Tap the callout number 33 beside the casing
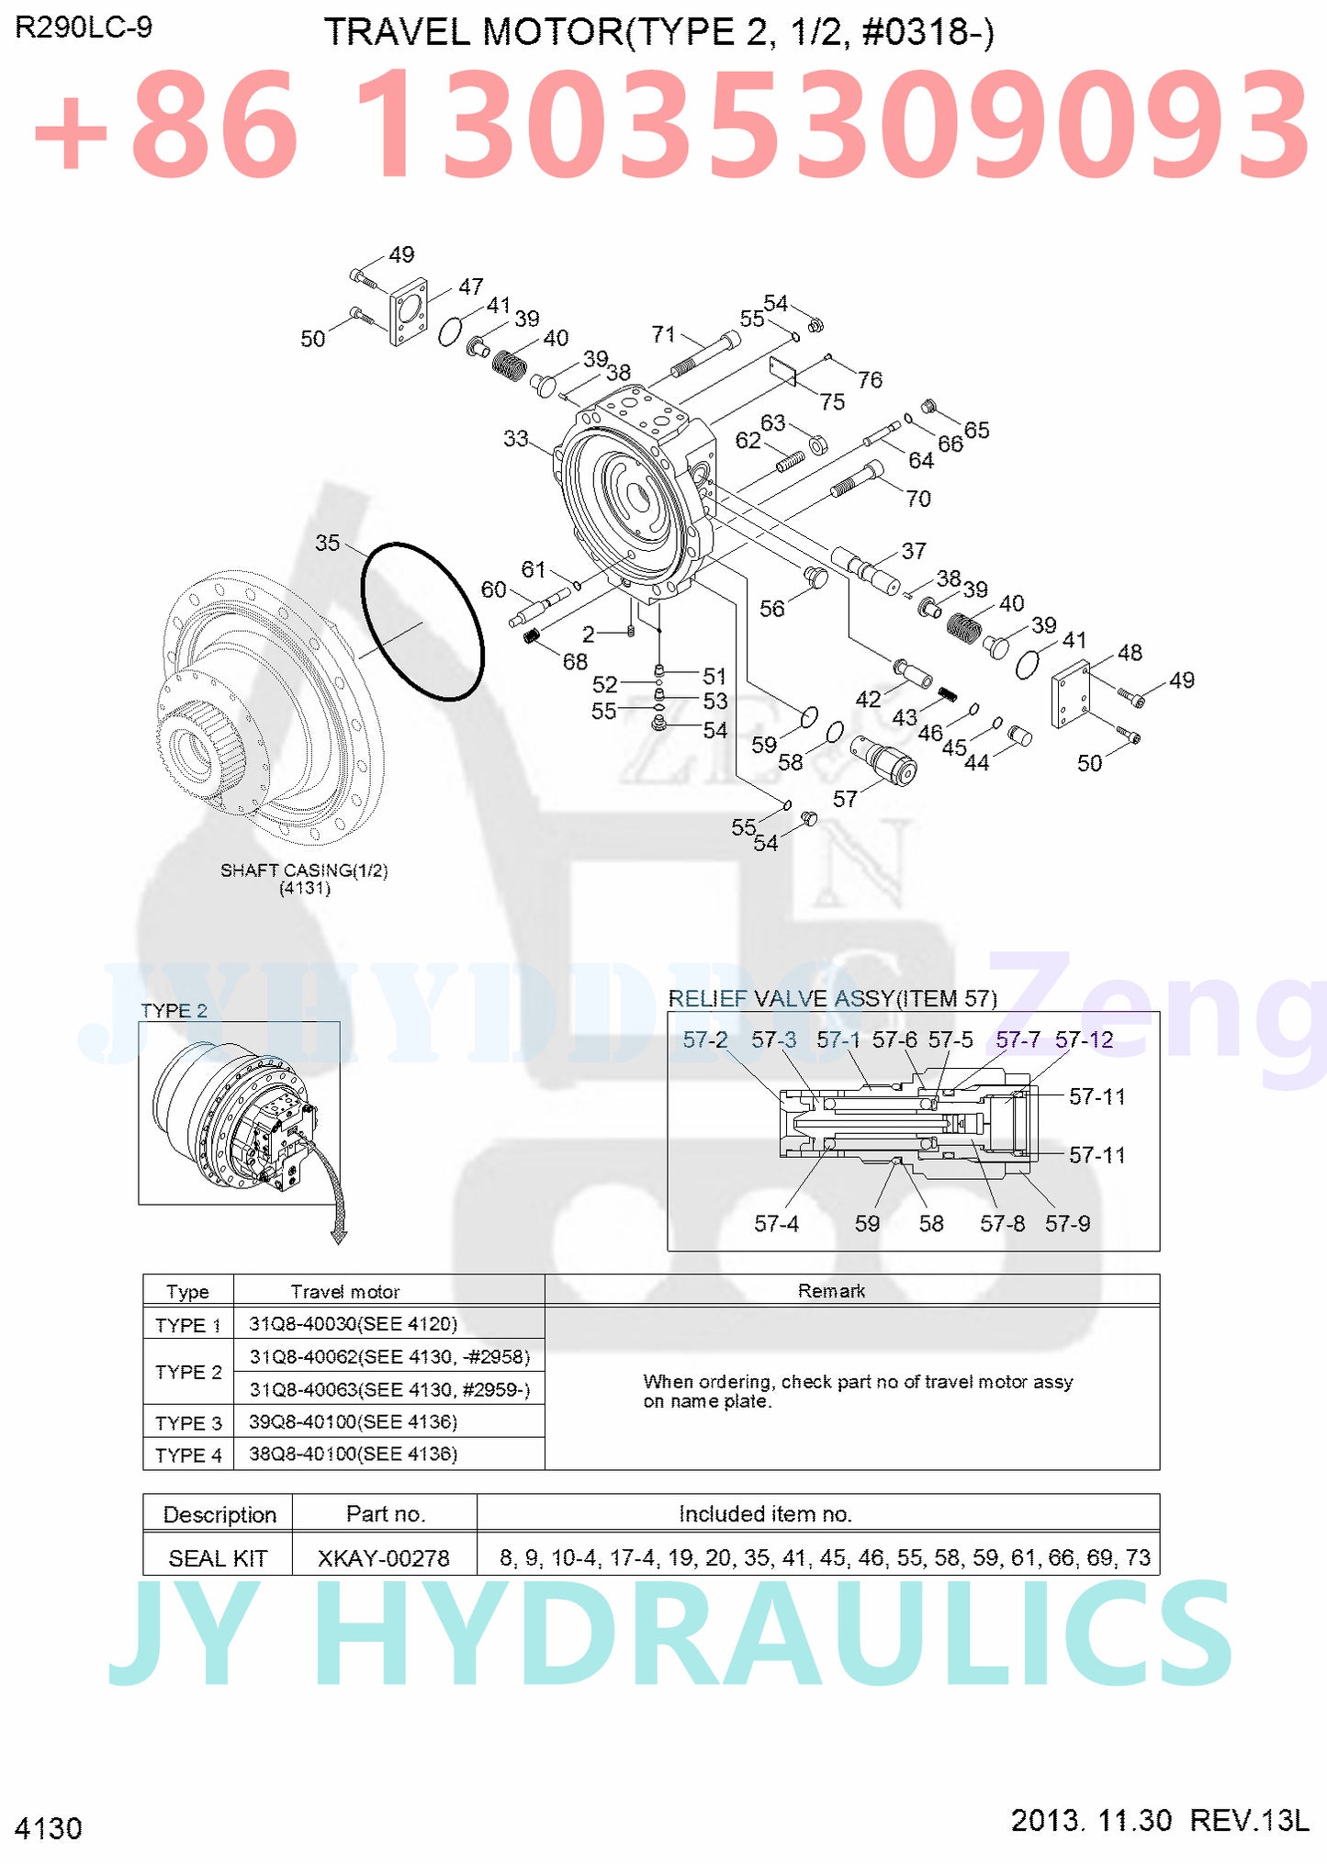click(x=515, y=439)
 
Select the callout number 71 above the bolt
click(x=663, y=334)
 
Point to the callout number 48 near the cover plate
click(x=1130, y=653)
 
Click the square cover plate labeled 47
click(x=409, y=312)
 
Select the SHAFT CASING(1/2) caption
click(x=304, y=870)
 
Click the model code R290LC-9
click(x=84, y=28)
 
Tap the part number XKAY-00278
click(x=384, y=1558)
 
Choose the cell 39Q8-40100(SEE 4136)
click(x=353, y=1421)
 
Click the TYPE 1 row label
click(x=188, y=1325)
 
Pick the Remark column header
click(x=831, y=1291)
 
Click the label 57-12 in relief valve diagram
click(x=1084, y=1039)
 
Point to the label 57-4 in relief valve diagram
click(x=776, y=1223)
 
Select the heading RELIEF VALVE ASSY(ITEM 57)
click(x=832, y=998)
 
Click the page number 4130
click(x=49, y=1828)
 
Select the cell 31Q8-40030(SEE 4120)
click(x=353, y=1323)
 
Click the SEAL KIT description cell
click(x=218, y=1558)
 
